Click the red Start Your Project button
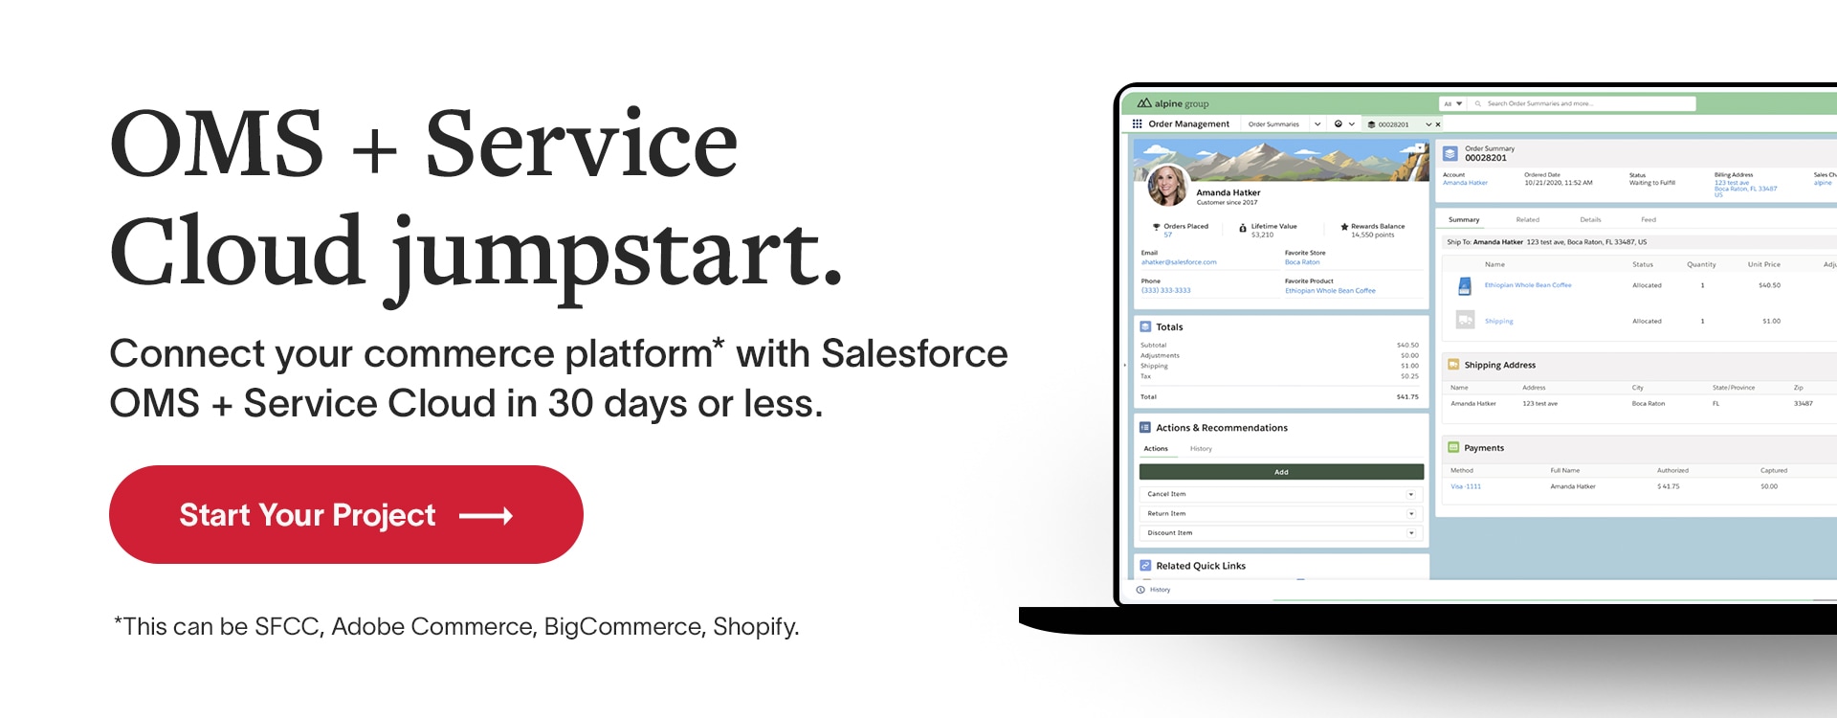[345, 515]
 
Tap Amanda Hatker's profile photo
[1167, 185]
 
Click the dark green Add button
[1281, 472]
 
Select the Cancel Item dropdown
[1281, 494]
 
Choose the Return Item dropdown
[1281, 514]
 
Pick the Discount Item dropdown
[1281, 533]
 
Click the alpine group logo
[1173, 103]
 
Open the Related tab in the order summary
[1528, 220]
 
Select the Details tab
[1590, 220]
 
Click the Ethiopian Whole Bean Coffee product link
[1527, 285]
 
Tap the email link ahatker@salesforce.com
[1179, 262]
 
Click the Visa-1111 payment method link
[1466, 486]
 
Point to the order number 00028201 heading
[1486, 158]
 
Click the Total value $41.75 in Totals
[1407, 397]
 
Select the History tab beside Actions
[1201, 449]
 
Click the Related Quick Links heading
[1201, 566]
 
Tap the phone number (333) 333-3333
[1165, 291]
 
